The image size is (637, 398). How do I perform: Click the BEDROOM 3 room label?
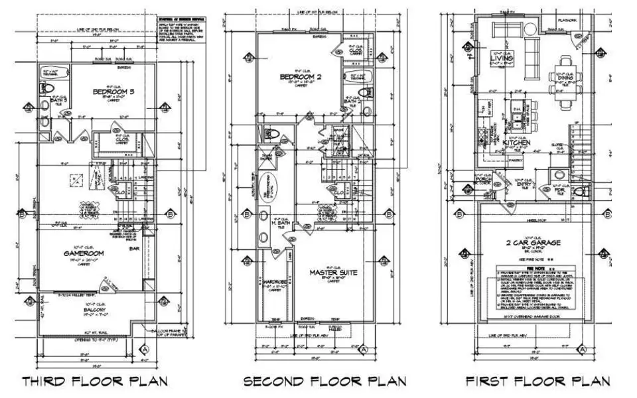113,91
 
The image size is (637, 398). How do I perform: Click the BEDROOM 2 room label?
301,78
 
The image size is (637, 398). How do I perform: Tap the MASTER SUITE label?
334,272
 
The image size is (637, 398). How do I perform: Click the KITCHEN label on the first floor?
515,143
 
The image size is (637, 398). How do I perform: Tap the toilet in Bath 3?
47,89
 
